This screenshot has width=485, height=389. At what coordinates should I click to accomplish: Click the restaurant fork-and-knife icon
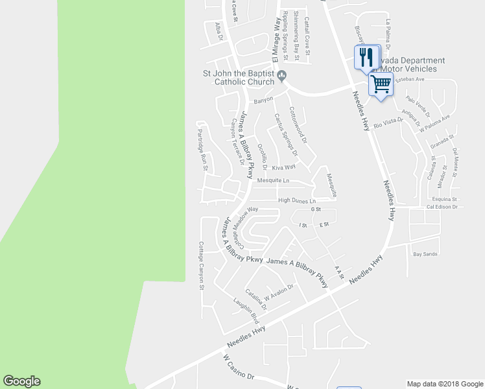(367, 57)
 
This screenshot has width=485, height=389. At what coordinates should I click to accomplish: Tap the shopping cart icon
(381, 84)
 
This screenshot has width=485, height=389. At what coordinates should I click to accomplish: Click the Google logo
(21, 381)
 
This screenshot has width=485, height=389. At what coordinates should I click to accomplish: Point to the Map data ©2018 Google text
(444, 383)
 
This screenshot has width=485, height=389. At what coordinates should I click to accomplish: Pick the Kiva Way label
(283, 167)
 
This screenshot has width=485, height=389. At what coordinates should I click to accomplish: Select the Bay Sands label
(425, 253)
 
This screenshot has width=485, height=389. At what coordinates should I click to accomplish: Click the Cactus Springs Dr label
(285, 135)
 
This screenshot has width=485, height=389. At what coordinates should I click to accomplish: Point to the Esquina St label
(445, 200)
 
